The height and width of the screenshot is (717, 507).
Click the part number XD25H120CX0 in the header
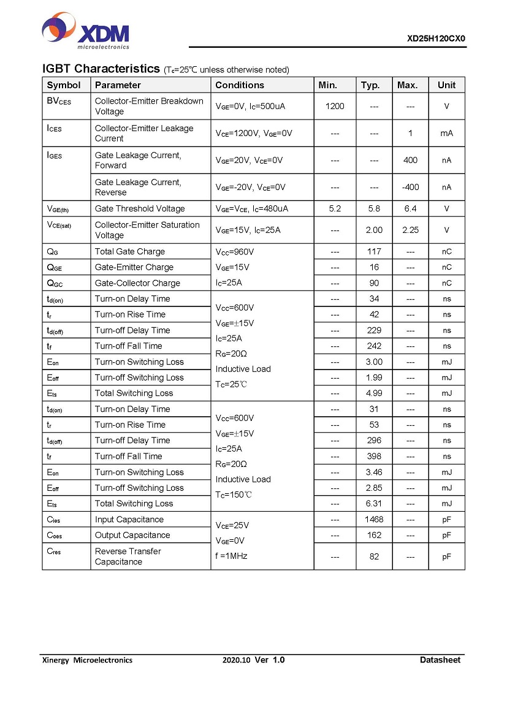pyautogui.click(x=436, y=38)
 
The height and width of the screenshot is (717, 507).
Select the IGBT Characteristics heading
pyautogui.click(x=101, y=68)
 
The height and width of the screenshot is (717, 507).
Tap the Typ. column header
pyautogui.click(x=370, y=85)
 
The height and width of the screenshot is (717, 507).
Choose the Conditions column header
pyautogui.click(x=240, y=85)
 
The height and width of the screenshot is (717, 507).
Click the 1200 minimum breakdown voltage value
pyautogui.click(x=335, y=106)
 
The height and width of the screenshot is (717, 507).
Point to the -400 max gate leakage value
pyautogui.click(x=410, y=187)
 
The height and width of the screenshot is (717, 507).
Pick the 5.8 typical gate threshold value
pyautogui.click(x=374, y=208)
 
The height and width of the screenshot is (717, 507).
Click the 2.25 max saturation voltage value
pyautogui.click(x=410, y=230)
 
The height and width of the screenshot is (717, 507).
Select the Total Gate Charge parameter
pyautogui.click(x=130, y=251)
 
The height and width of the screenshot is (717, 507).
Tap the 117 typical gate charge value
pyautogui.click(x=374, y=251)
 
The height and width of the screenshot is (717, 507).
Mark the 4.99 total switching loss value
pyautogui.click(x=374, y=393)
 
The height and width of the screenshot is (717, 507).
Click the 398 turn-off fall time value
pyautogui.click(x=374, y=456)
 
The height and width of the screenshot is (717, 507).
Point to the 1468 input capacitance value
pyautogui.click(x=374, y=519)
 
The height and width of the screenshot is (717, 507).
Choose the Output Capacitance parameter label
pyautogui.click(x=132, y=535)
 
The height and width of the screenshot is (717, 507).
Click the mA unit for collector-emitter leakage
pyautogui.click(x=446, y=133)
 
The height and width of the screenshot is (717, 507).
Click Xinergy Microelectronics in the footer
pyautogui.click(x=87, y=660)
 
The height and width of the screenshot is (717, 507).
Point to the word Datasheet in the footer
pyautogui.click(x=440, y=660)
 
